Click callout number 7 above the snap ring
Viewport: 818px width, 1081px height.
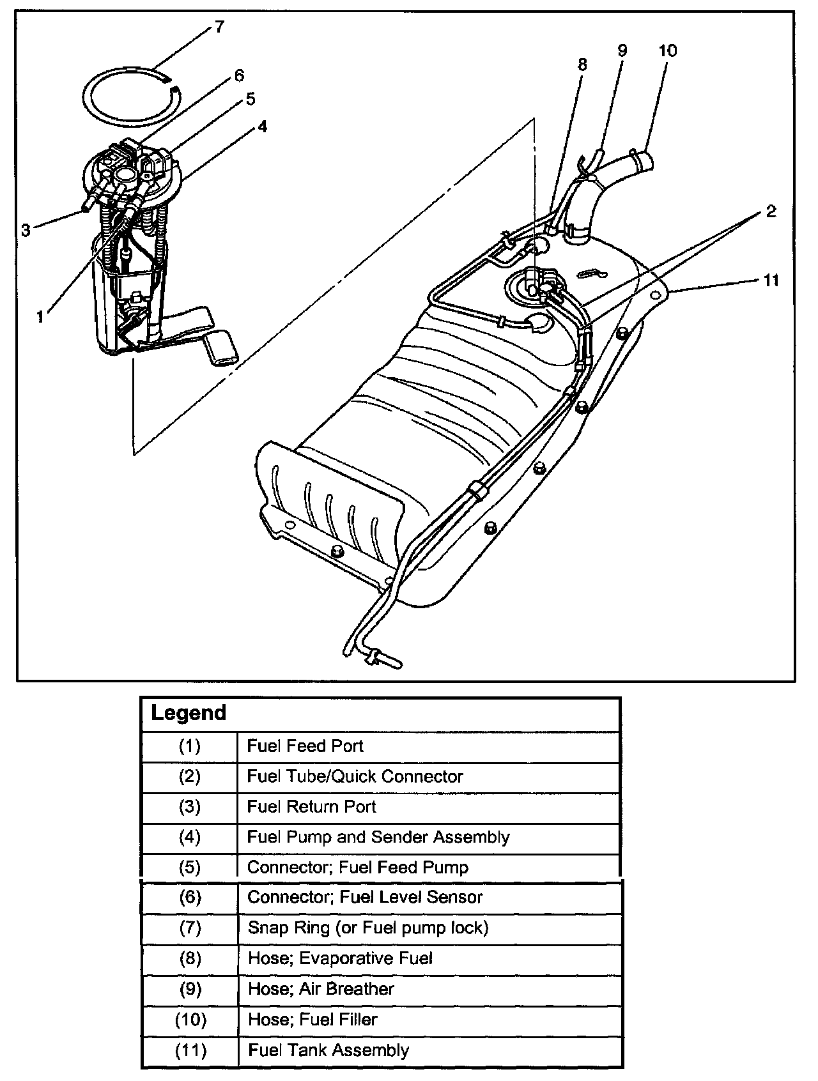tap(219, 27)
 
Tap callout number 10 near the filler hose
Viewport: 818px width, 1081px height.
tap(667, 50)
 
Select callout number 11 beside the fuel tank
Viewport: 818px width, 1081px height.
tap(771, 280)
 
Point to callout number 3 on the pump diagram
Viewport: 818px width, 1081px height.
tap(26, 229)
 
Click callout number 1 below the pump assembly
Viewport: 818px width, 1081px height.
tap(41, 316)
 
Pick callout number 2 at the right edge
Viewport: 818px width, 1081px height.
tap(771, 211)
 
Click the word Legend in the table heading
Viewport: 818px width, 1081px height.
tap(189, 712)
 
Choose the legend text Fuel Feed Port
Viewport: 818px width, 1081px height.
tap(305, 746)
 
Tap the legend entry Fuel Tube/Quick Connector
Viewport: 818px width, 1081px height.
tap(355, 776)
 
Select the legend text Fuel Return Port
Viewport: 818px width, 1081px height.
tap(311, 806)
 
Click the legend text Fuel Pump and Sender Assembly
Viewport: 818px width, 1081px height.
tap(378, 837)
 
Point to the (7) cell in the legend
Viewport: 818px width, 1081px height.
tap(190, 928)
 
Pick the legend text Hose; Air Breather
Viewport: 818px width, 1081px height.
tap(321, 989)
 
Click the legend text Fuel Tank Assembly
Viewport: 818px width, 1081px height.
tap(328, 1050)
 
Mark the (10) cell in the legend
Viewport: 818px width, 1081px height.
tap(190, 1020)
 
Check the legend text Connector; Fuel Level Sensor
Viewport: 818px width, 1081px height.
tap(365, 897)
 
